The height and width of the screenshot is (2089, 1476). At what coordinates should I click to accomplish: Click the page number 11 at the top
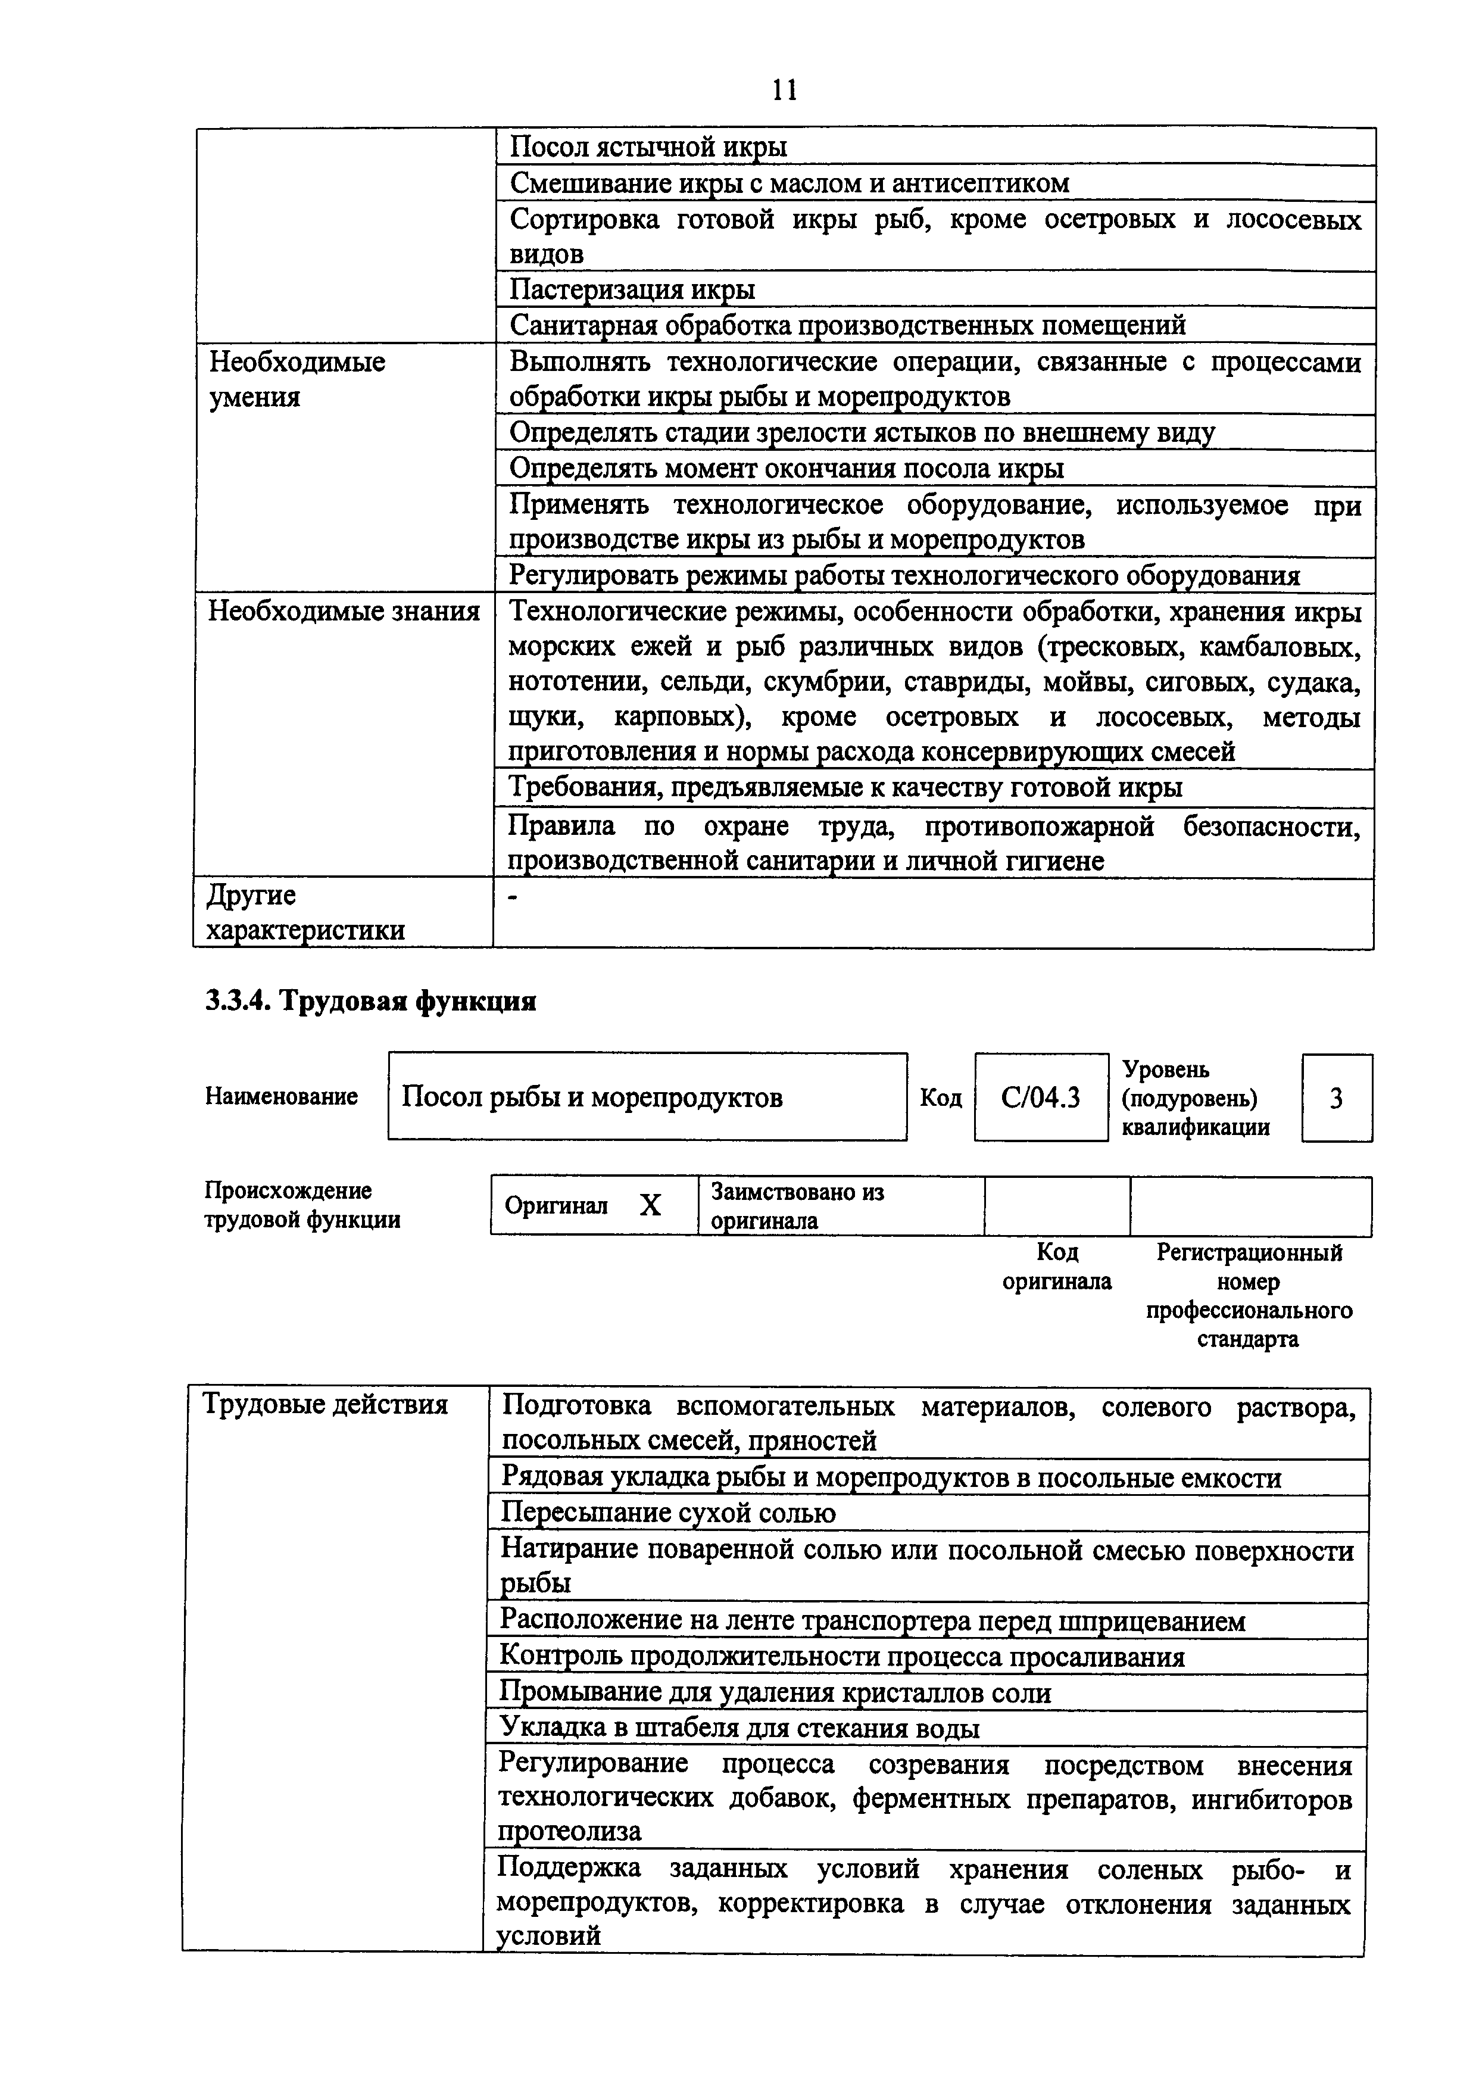coord(784,89)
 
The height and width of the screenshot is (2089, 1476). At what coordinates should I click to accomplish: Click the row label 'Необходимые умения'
coord(297,379)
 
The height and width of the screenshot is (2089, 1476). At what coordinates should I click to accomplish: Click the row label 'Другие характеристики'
coord(305,912)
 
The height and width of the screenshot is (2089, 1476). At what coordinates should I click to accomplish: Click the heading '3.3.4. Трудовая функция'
coord(370,1001)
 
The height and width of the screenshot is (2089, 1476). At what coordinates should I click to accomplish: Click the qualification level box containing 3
coord(1336,1098)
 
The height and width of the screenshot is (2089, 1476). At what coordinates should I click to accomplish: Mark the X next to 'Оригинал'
coord(650,1205)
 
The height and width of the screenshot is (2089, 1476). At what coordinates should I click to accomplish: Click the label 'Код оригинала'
coord(1057,1267)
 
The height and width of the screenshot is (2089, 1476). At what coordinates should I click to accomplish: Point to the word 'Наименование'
coord(281,1096)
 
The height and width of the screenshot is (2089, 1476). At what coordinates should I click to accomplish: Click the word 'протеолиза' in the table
coord(569,1830)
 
